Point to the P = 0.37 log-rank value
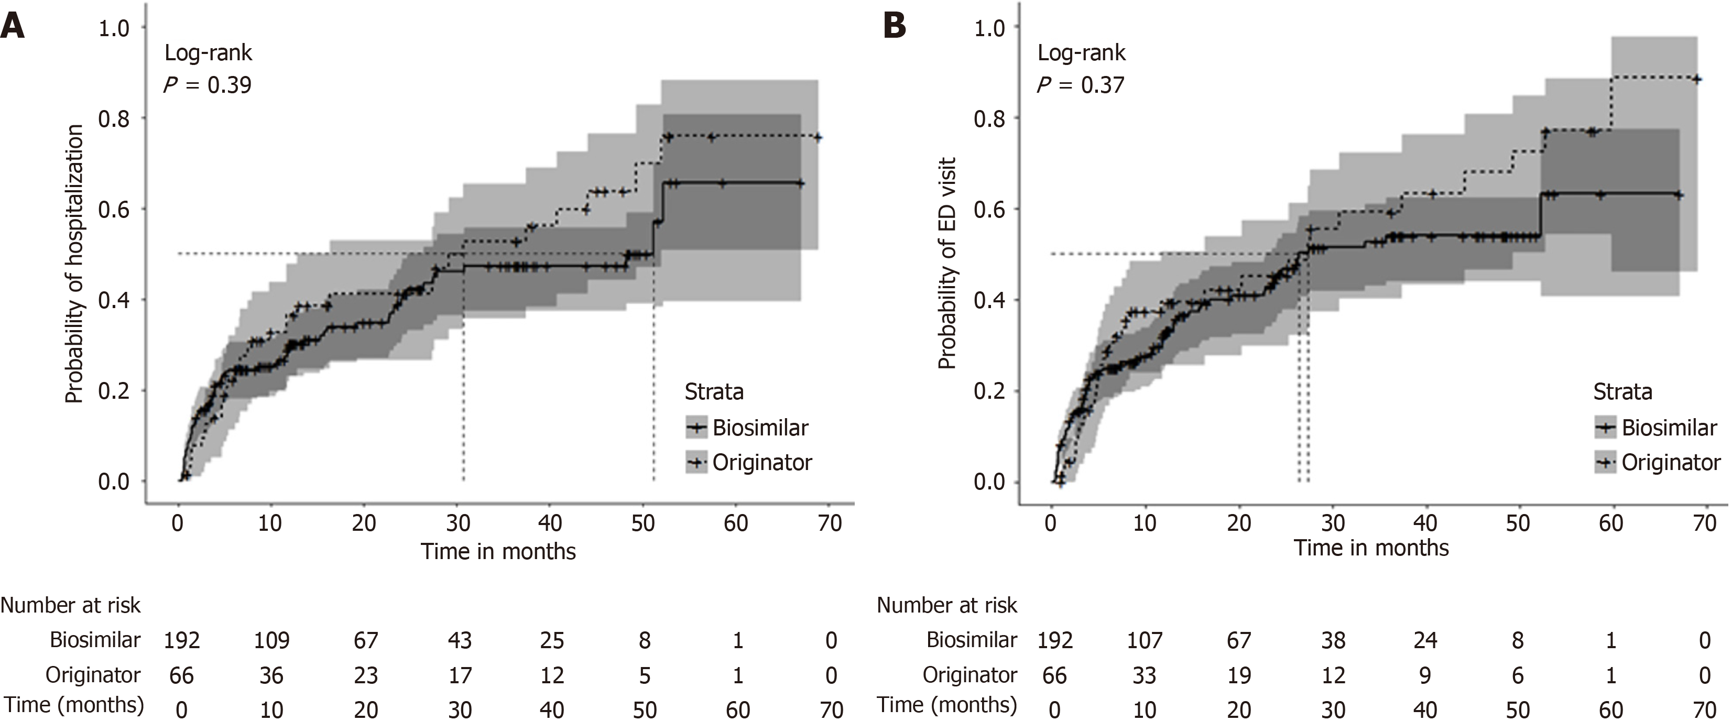(1081, 85)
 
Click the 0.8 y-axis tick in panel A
(114, 118)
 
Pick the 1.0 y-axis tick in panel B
(990, 28)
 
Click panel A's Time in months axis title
(498, 552)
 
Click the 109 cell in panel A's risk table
(271, 640)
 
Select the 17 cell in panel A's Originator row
(460, 675)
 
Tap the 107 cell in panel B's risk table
(1145, 640)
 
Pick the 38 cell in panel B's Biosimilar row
(1333, 640)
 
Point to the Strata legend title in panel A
(714, 391)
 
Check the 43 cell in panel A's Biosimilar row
(460, 640)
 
